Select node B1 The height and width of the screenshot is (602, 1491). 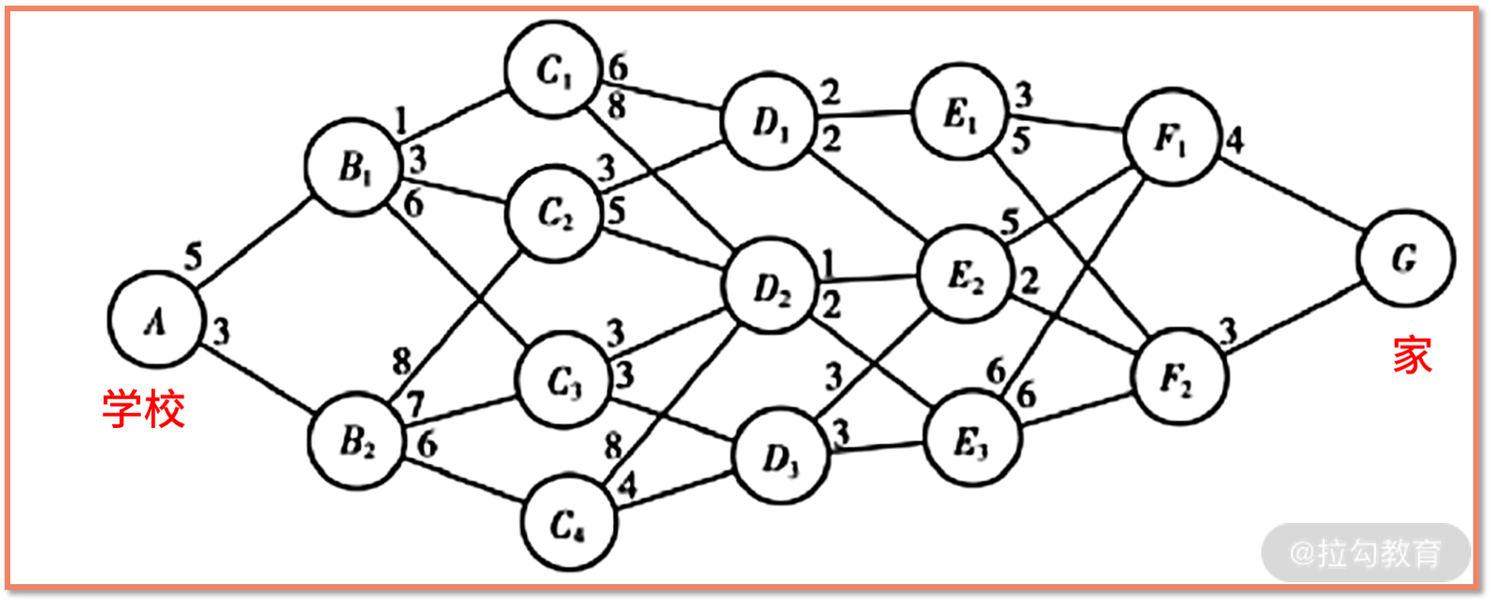[355, 167]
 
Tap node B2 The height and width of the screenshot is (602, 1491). [358, 440]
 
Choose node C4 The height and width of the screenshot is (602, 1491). [568, 524]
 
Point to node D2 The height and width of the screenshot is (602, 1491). [772, 285]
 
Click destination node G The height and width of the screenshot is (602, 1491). [1405, 258]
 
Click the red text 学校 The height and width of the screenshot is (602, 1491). [143, 410]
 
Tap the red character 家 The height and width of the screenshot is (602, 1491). [1412, 356]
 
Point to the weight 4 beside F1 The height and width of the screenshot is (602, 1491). [1235, 140]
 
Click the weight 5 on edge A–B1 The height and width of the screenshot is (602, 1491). [193, 256]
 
